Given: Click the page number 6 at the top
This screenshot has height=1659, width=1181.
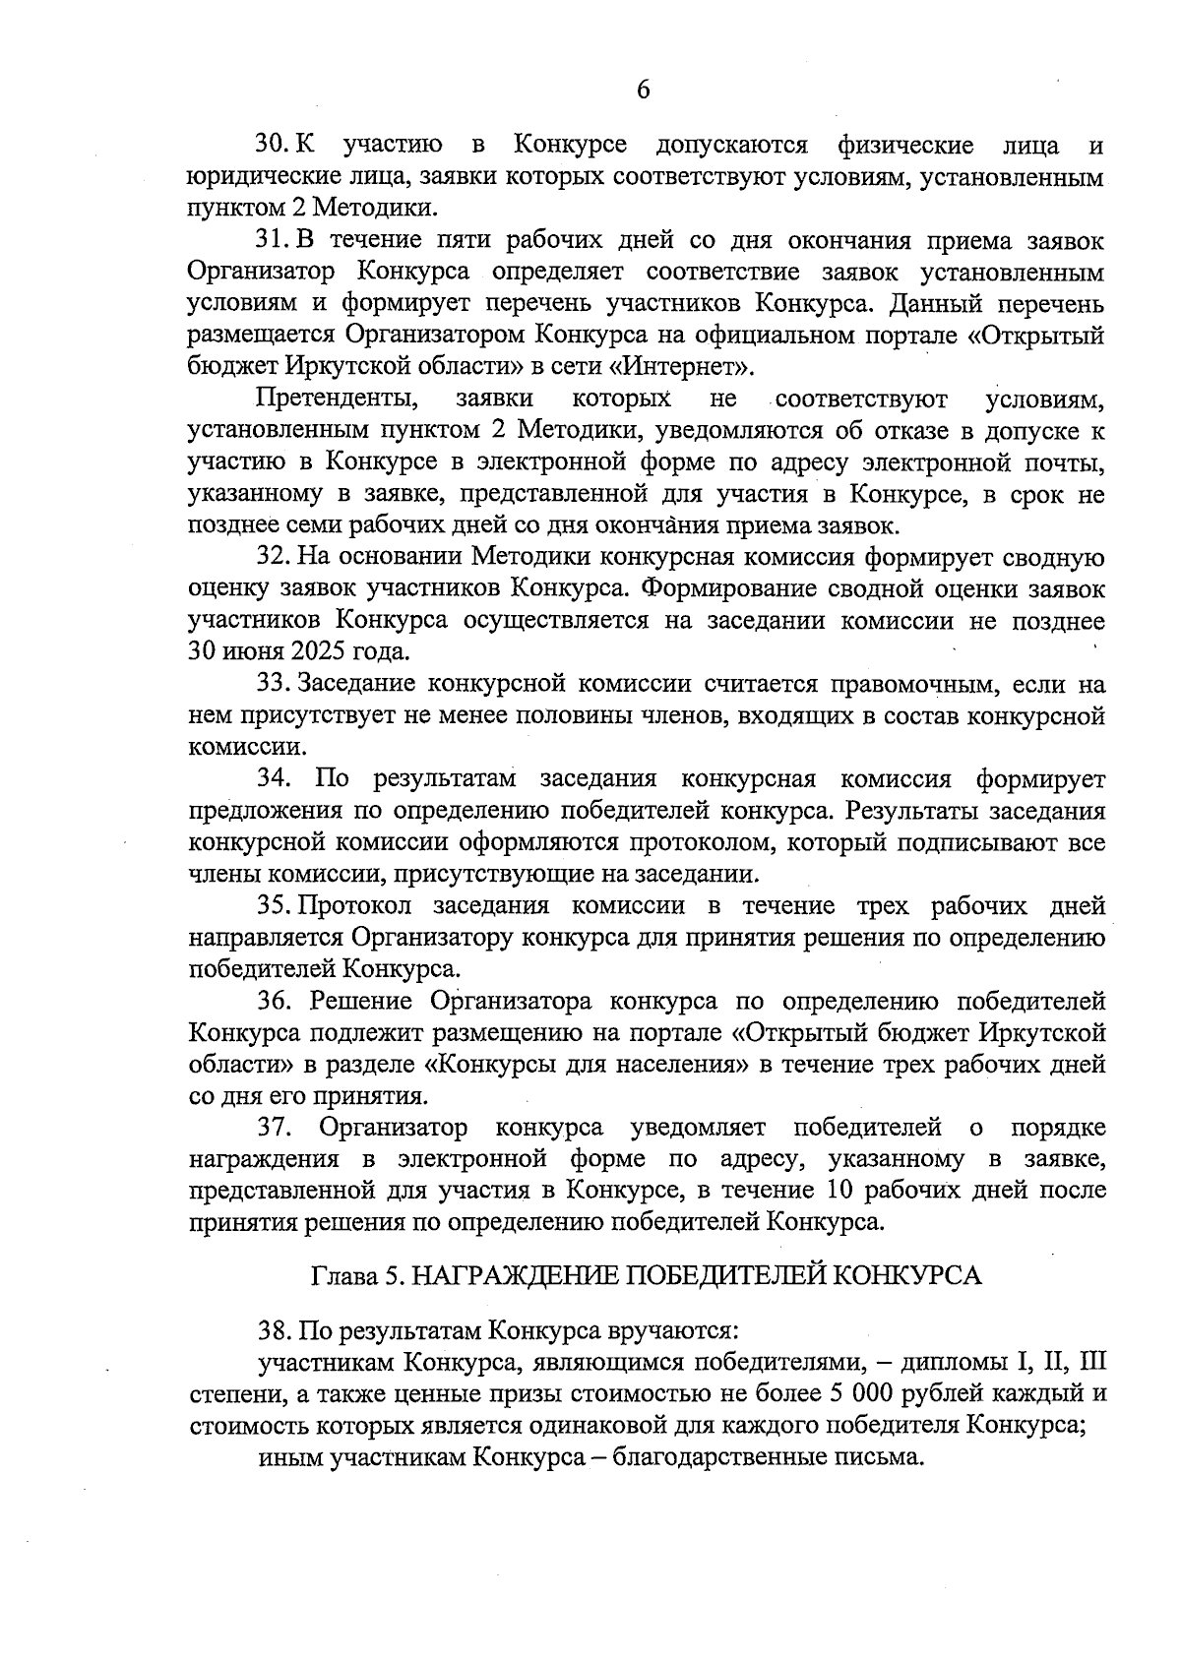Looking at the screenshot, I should tap(644, 91).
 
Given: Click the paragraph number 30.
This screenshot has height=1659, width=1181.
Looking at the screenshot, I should tap(273, 146).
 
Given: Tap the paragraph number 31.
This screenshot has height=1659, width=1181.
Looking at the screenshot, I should tap(273, 239).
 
